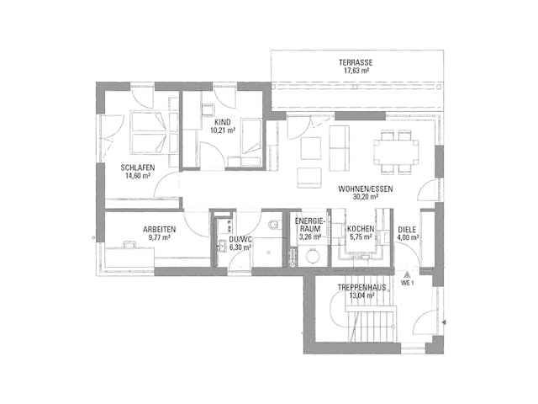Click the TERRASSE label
click(x=356, y=63)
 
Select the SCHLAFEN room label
click(x=137, y=167)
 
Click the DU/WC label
click(x=240, y=239)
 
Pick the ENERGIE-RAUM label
click(x=309, y=224)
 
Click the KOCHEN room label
click(x=360, y=229)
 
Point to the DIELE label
click(x=407, y=229)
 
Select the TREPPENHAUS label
click(x=362, y=287)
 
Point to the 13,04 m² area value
click(x=362, y=296)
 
